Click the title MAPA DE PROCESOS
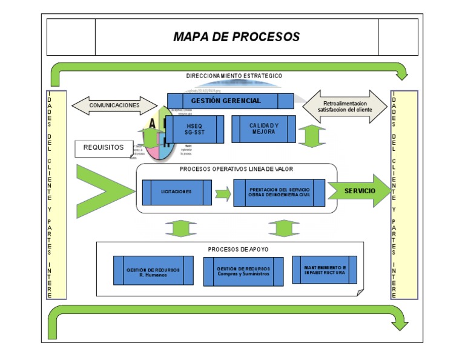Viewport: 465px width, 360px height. click(236, 37)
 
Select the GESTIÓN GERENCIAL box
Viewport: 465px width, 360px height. click(230, 101)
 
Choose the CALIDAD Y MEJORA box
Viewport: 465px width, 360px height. click(263, 128)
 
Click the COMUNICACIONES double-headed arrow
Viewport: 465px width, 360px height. click(114, 105)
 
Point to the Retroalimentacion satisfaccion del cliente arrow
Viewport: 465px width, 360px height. click(345, 107)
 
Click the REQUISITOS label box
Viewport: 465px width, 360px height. click(104, 147)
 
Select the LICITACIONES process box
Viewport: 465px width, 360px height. click(177, 192)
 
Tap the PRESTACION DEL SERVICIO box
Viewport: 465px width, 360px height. click(279, 192)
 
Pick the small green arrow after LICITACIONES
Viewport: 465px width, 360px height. click(223, 195)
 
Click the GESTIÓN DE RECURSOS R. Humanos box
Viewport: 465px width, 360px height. click(153, 270)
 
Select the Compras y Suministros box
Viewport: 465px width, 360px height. click(243, 271)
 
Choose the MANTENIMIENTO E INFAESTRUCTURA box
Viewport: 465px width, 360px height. click(325, 270)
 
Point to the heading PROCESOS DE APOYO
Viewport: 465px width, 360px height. click(230, 249)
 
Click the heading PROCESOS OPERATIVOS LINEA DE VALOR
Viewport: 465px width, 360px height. click(236, 169)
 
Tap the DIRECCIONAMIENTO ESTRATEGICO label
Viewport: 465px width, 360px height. click(234, 76)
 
